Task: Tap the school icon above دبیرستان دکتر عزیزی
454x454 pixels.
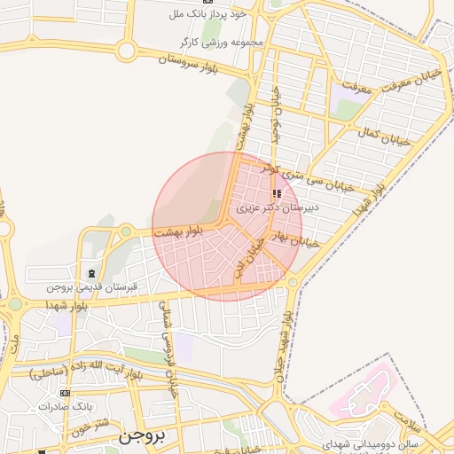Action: (278, 193)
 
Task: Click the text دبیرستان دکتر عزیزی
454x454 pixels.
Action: (278, 207)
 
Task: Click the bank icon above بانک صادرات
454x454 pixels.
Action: (64, 393)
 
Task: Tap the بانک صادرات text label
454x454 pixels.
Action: (64, 406)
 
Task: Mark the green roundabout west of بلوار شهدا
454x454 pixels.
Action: (15, 304)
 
